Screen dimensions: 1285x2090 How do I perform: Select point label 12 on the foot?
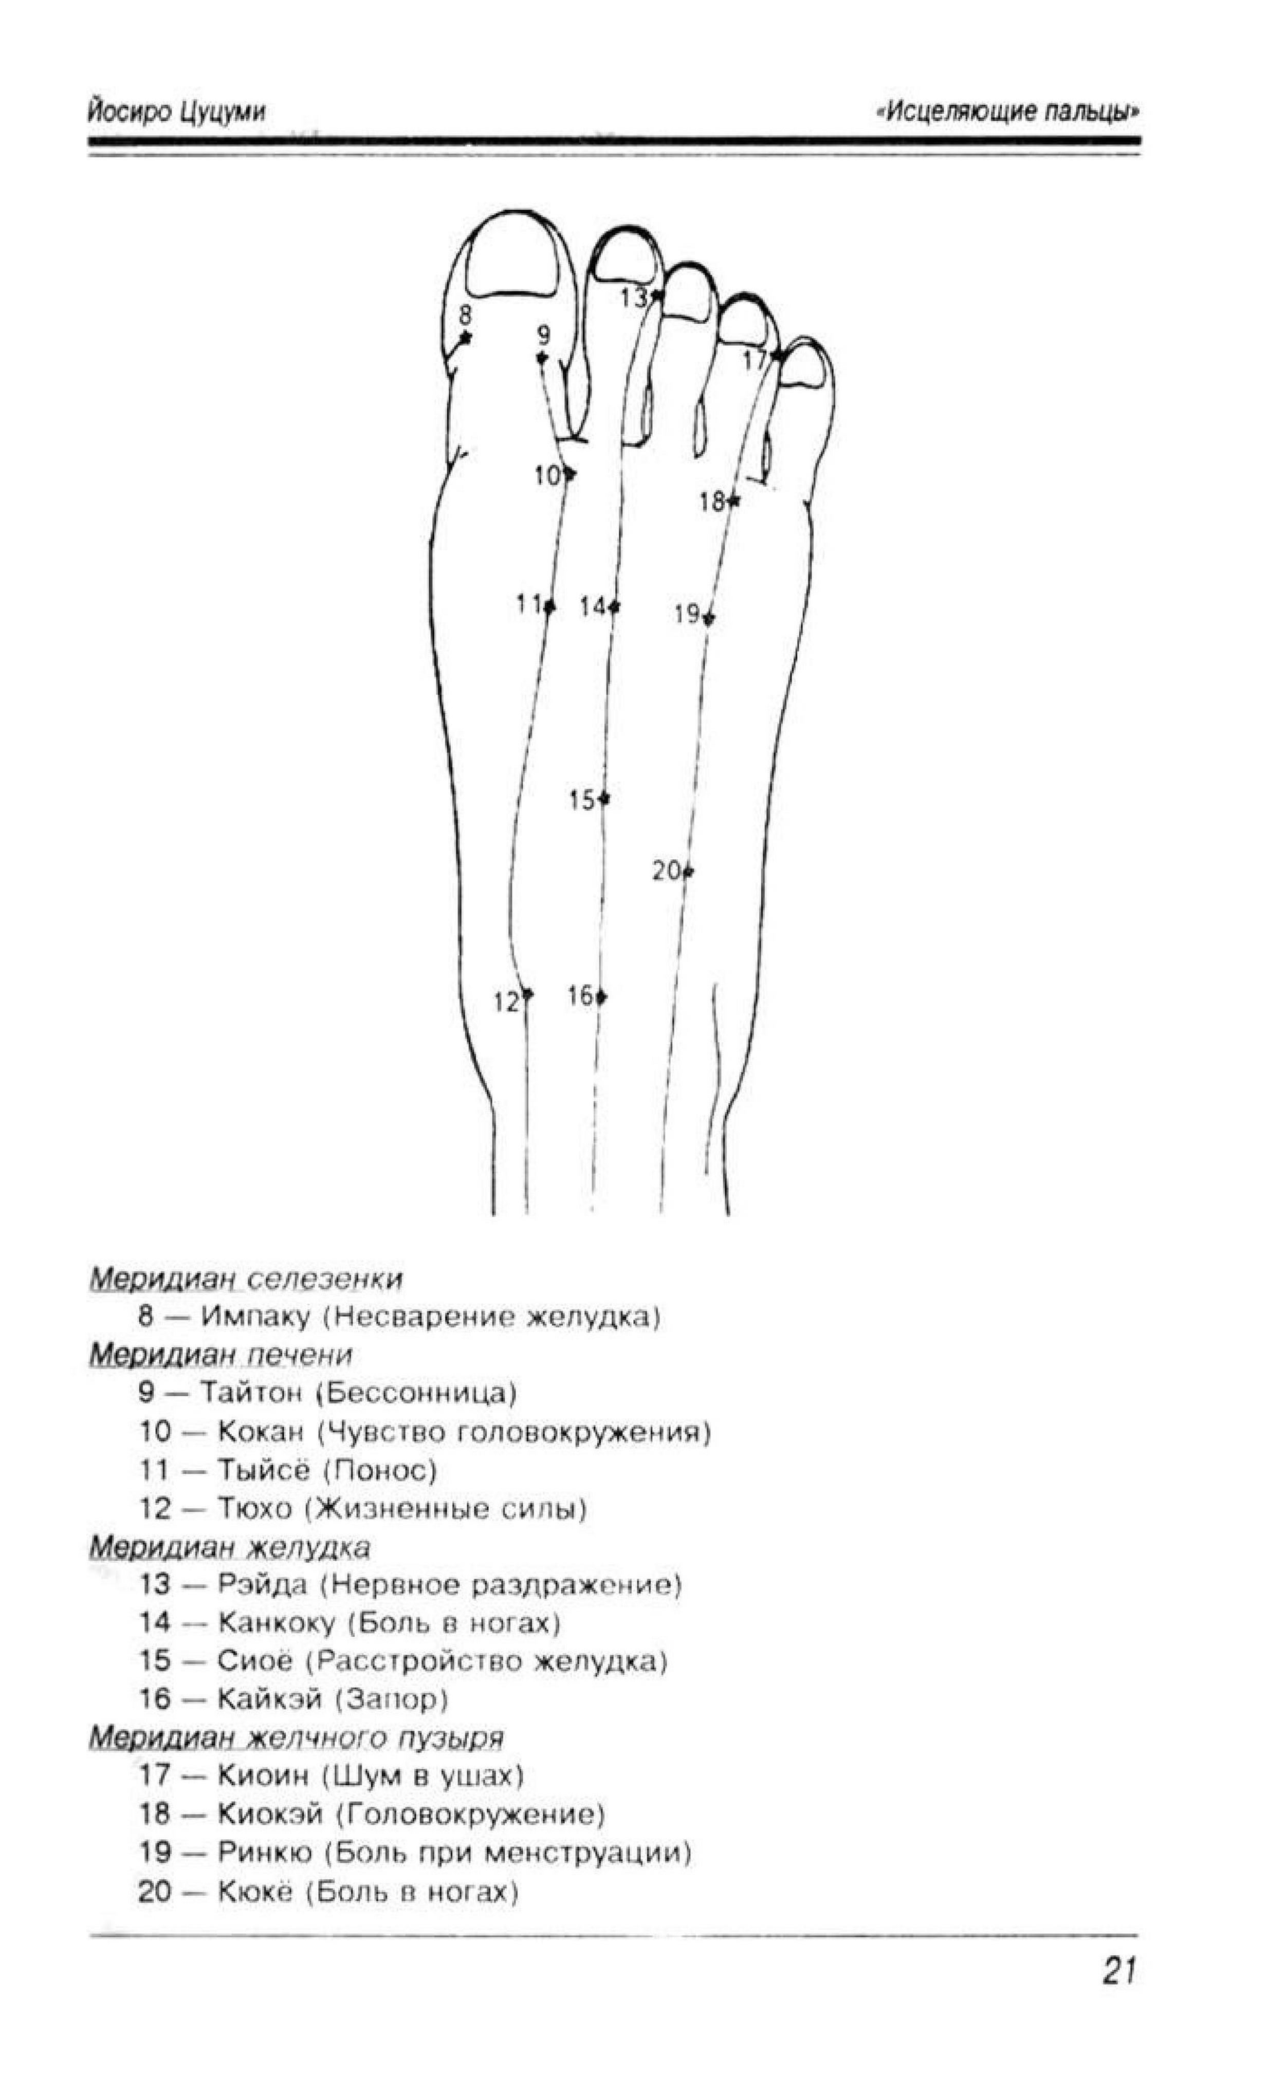[x=506, y=1003]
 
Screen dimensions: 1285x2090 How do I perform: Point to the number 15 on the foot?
[x=582, y=800]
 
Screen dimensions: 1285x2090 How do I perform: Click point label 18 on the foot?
[x=712, y=502]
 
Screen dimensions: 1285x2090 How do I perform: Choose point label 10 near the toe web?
[x=547, y=476]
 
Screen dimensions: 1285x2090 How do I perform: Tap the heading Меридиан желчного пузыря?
[x=297, y=1738]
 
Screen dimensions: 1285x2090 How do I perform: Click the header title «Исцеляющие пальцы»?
[x=1007, y=112]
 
